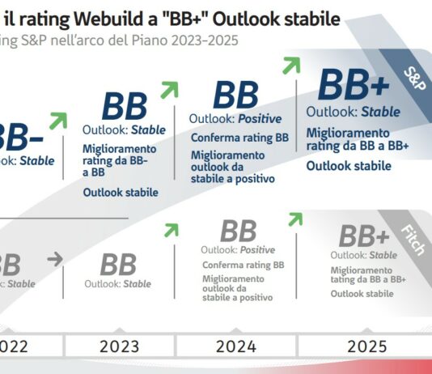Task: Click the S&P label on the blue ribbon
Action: point(415,78)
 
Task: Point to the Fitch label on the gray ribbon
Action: point(413,240)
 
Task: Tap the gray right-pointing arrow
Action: point(54,260)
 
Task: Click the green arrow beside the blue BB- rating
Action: point(57,121)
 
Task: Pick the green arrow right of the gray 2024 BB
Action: point(294,219)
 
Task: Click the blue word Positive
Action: point(255,119)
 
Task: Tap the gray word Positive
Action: point(258,250)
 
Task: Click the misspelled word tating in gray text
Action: point(347,278)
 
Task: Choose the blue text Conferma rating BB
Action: point(239,138)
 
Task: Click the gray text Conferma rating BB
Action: point(243,265)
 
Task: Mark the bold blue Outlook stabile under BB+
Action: point(348,166)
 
